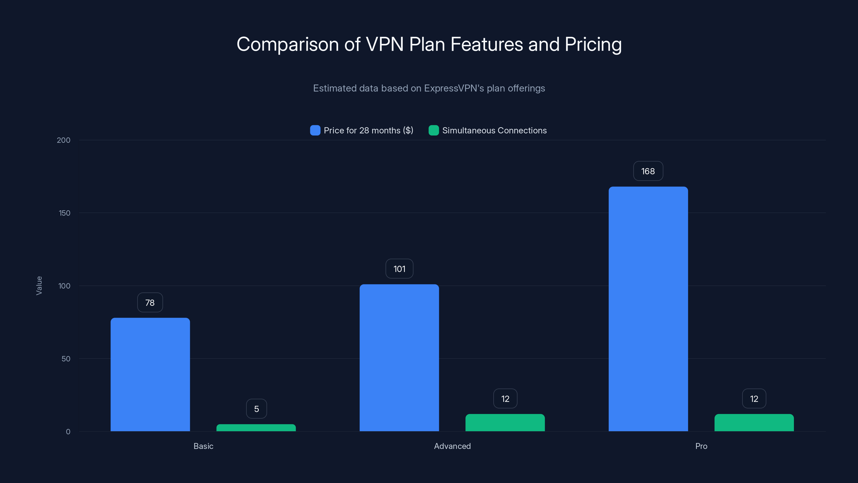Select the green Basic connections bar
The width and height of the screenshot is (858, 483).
pyautogui.click(x=256, y=428)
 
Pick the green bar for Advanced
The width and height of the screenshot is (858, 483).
pyautogui.click(x=505, y=423)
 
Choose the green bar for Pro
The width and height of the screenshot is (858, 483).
pyautogui.click(x=754, y=423)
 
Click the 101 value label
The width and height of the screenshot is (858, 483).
pyautogui.click(x=399, y=269)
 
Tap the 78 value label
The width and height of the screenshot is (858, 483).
pyautogui.click(x=150, y=302)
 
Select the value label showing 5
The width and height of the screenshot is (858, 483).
pyautogui.click(x=257, y=409)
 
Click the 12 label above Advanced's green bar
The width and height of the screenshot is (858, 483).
pyautogui.click(x=505, y=399)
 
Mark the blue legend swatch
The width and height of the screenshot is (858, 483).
pyautogui.click(x=315, y=130)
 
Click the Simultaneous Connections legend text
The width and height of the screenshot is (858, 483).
pyautogui.click(x=494, y=130)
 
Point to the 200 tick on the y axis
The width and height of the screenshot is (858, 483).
pyautogui.click(x=64, y=140)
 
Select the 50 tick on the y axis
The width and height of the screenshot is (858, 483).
pyautogui.click(x=66, y=359)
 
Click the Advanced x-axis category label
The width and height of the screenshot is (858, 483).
pyautogui.click(x=452, y=446)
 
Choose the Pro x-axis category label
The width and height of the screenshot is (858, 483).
pyautogui.click(x=701, y=446)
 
